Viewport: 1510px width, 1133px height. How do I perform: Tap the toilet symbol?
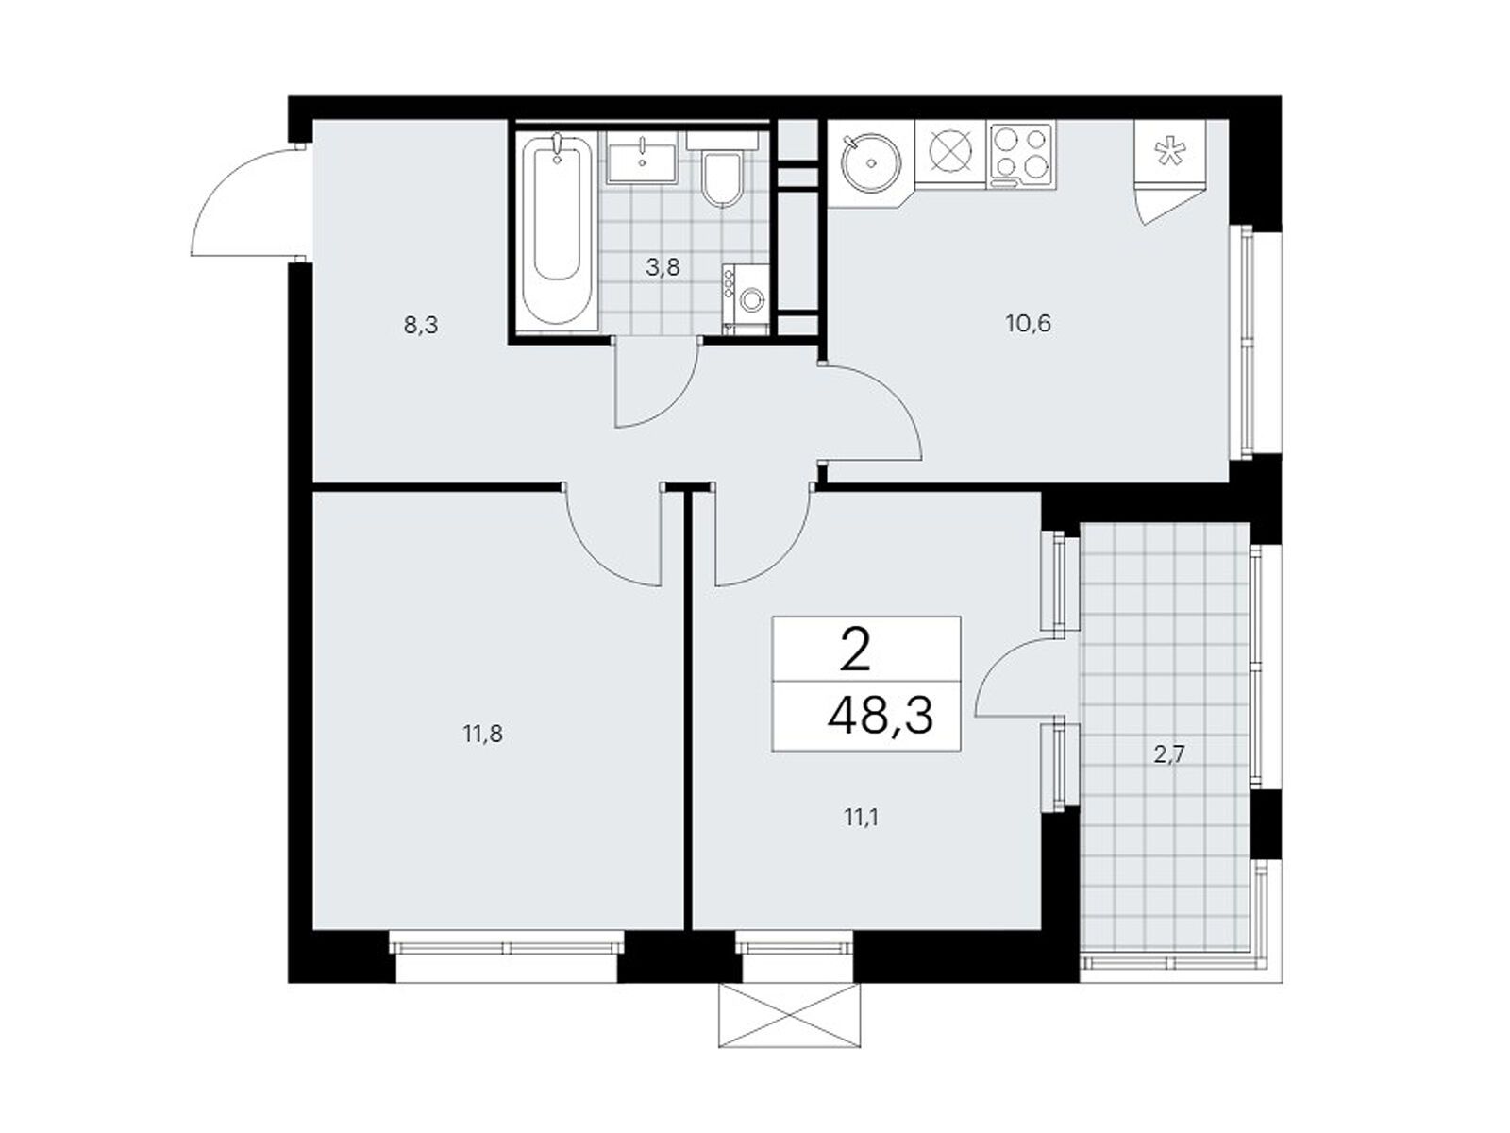[724, 177]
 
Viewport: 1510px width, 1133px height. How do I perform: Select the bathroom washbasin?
[642, 159]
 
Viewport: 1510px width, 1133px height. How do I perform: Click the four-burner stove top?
[1022, 154]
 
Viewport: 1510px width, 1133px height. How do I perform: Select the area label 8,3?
[421, 326]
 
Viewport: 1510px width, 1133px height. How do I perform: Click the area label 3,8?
[663, 267]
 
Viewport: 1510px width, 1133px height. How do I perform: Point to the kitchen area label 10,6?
[1028, 324]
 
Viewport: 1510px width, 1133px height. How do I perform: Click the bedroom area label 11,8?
[482, 733]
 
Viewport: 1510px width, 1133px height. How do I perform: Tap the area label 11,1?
[861, 817]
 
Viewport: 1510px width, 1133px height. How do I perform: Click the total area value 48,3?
[880, 717]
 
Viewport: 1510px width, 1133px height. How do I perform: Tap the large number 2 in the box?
[854, 651]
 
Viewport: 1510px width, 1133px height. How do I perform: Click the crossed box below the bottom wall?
[789, 1015]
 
